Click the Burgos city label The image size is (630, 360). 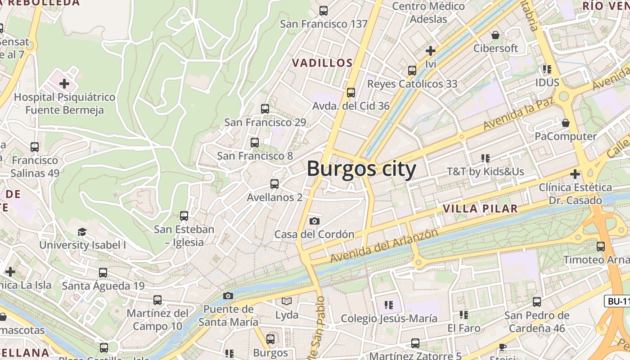[x=361, y=169]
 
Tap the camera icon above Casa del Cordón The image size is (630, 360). [x=315, y=221]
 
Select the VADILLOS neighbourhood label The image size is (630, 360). [x=323, y=63]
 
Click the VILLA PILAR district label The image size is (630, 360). [x=480, y=209]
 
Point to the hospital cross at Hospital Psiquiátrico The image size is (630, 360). [x=64, y=83]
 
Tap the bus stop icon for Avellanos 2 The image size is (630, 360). [x=274, y=184]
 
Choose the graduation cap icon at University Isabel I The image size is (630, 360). [x=82, y=232]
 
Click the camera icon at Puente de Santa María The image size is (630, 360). [x=228, y=296]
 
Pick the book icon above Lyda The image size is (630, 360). [x=287, y=301]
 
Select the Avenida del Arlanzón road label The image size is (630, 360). [x=384, y=246]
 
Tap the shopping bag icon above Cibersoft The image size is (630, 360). [x=495, y=35]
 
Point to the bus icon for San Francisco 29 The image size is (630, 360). [x=265, y=109]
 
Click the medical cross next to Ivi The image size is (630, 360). [x=431, y=51]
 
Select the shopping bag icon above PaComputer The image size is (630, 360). [x=566, y=123]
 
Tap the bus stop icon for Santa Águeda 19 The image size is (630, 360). [x=103, y=273]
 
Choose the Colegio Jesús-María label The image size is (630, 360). [x=389, y=319]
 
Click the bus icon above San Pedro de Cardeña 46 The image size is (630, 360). [x=537, y=302]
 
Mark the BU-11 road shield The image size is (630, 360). [x=618, y=301]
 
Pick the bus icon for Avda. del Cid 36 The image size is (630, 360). [x=351, y=93]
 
